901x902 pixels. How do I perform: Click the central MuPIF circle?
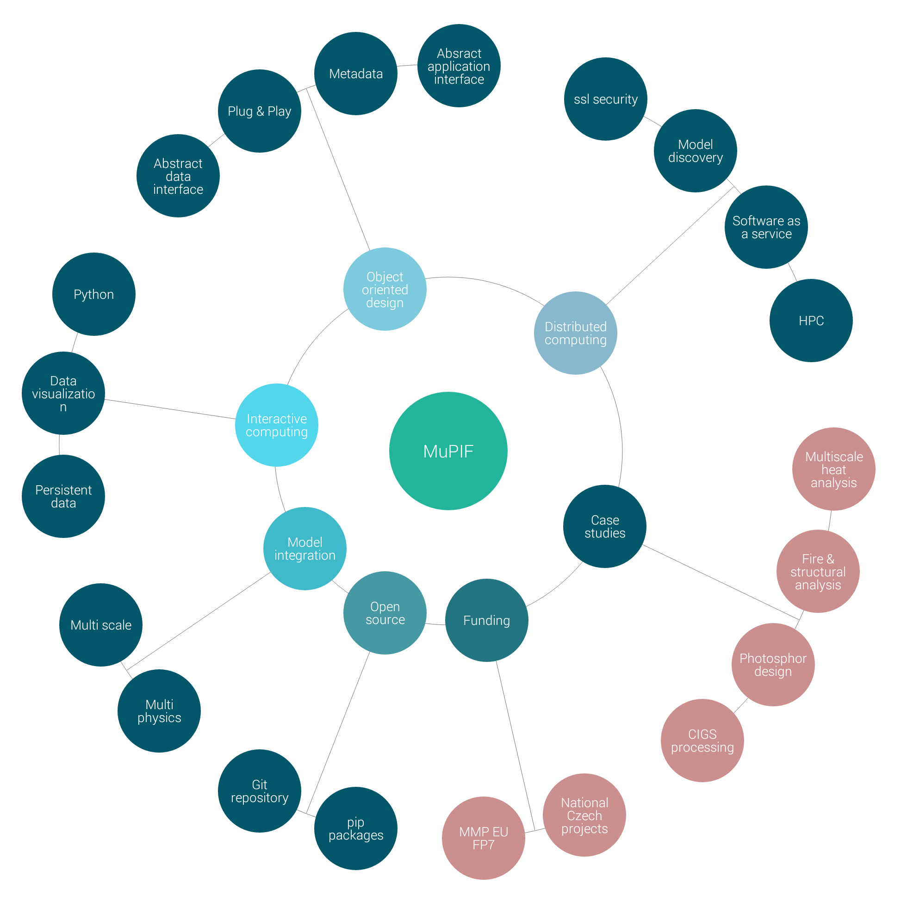pyautogui.click(x=448, y=451)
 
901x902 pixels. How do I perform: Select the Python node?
pyautogui.click(x=93, y=294)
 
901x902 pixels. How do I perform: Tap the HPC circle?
pyautogui.click(x=811, y=320)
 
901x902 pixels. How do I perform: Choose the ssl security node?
pyautogui.click(x=605, y=99)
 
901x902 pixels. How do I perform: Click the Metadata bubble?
pyautogui.click(x=355, y=73)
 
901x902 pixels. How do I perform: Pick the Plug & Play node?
pyautogui.click(x=259, y=111)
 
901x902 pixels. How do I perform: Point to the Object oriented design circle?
pyautogui.click(x=385, y=289)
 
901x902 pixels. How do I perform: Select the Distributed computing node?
pyautogui.click(x=575, y=333)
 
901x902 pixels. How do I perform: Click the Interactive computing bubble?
pyautogui.click(x=277, y=425)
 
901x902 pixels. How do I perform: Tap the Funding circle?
pyautogui.click(x=486, y=620)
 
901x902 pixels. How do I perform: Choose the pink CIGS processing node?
pyautogui.click(x=702, y=741)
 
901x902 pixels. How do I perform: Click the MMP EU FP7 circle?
pyautogui.click(x=483, y=838)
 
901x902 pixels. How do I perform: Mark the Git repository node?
pyautogui.click(x=259, y=791)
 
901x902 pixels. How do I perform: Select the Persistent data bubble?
pyautogui.click(x=63, y=496)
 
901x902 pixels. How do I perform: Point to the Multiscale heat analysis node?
pyautogui.click(x=834, y=469)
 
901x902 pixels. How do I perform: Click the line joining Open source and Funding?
pyautogui.click(x=435, y=624)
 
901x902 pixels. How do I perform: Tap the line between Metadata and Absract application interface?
pyautogui.click(x=407, y=65)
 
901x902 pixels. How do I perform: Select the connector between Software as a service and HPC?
pyautogui.click(x=792, y=272)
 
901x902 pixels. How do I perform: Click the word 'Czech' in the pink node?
pyautogui.click(x=584, y=816)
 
